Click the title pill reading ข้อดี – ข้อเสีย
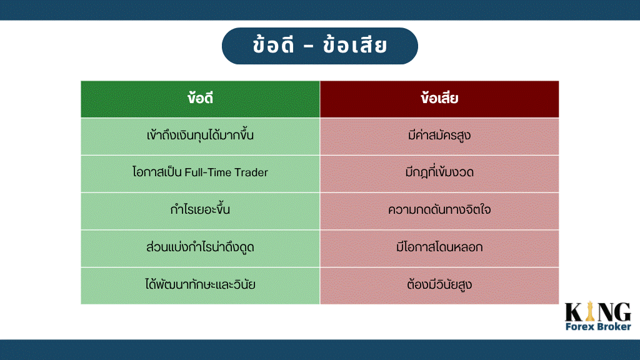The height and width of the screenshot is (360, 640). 319,46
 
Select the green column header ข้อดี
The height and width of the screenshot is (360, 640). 200,99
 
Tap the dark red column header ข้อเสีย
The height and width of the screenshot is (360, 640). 439,99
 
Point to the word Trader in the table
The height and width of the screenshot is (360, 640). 251,172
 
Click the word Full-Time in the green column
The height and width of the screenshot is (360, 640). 208,172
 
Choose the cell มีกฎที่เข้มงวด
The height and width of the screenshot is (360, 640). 439,174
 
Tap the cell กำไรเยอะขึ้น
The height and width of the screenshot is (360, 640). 200,211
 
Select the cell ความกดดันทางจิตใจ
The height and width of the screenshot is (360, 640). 439,211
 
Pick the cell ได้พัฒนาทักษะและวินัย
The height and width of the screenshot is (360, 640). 200,286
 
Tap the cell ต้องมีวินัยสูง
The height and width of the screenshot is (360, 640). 439,286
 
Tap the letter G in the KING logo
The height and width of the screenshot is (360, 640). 623,312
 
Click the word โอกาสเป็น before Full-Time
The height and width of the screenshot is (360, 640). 157,172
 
